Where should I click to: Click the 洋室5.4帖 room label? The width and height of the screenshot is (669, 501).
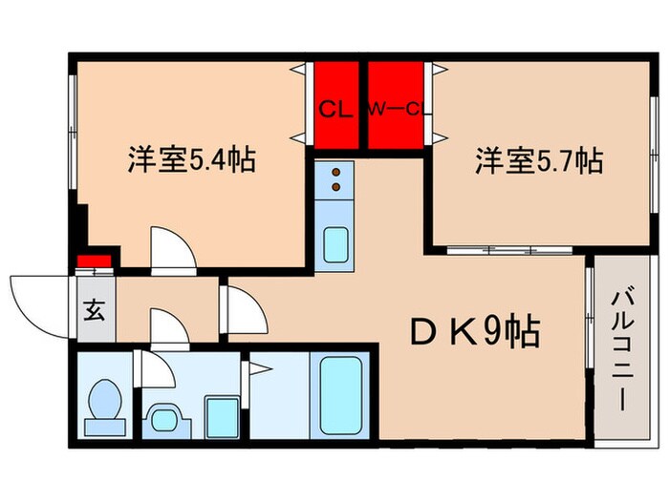(191, 159)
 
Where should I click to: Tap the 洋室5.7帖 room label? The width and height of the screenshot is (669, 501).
(540, 160)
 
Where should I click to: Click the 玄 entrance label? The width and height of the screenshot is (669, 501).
(96, 309)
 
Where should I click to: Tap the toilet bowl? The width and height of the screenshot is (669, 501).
(102, 402)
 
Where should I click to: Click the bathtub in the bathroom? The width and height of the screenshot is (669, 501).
(338, 395)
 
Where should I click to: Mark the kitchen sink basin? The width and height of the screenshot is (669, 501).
(334, 245)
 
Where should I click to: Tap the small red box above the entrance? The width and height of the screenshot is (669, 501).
(91, 261)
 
